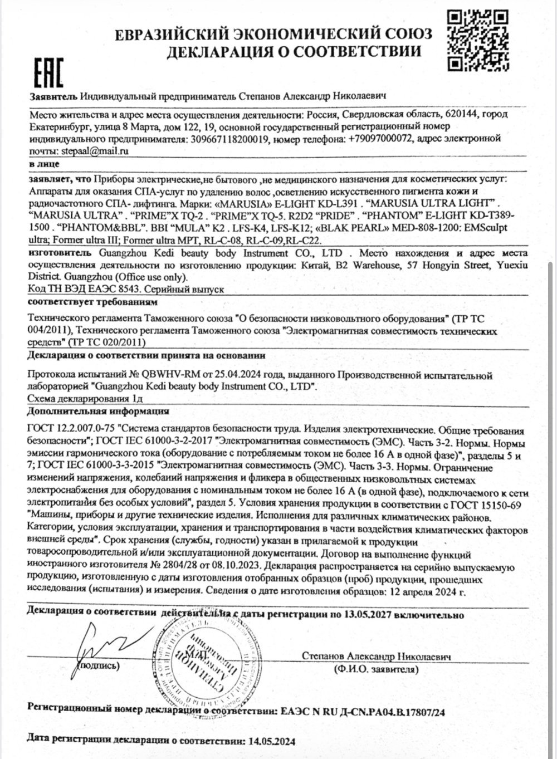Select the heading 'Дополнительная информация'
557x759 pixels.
tap(98, 412)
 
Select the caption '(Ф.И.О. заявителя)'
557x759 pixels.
tap(377, 668)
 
